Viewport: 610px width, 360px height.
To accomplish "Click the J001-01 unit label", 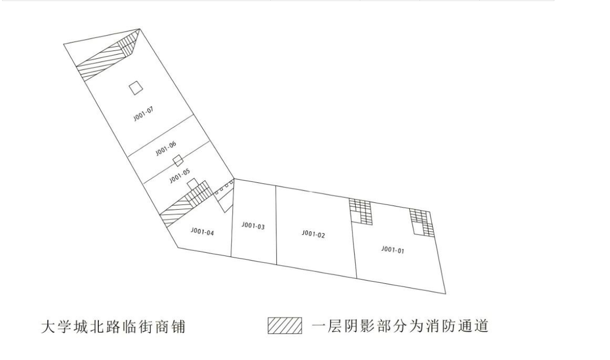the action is [x=393, y=250].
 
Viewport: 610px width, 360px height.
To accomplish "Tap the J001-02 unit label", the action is [x=313, y=234].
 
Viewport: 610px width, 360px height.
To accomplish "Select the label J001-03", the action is [x=253, y=226].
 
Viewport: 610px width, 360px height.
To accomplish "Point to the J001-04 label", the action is [x=202, y=232].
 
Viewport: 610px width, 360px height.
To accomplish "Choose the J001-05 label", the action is [x=180, y=176].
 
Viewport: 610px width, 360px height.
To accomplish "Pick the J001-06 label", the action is [x=166, y=148].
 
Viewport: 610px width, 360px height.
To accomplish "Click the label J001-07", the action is [x=144, y=114].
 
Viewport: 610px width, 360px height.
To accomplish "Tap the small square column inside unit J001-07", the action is [x=136, y=88].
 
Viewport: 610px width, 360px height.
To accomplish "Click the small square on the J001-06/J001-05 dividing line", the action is [x=178, y=160].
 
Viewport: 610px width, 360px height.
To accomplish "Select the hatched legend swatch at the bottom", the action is [x=284, y=326].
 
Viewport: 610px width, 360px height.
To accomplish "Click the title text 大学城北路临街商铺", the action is [x=113, y=327].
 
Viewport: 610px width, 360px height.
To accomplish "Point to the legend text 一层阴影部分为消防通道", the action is [x=400, y=326].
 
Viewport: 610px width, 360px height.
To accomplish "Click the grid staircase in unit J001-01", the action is [x=421, y=222].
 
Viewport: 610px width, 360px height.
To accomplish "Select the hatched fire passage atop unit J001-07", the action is [x=108, y=55].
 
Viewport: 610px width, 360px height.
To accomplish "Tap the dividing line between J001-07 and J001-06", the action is [x=161, y=134].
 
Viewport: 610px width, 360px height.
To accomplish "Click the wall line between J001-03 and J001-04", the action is [x=232, y=218].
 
